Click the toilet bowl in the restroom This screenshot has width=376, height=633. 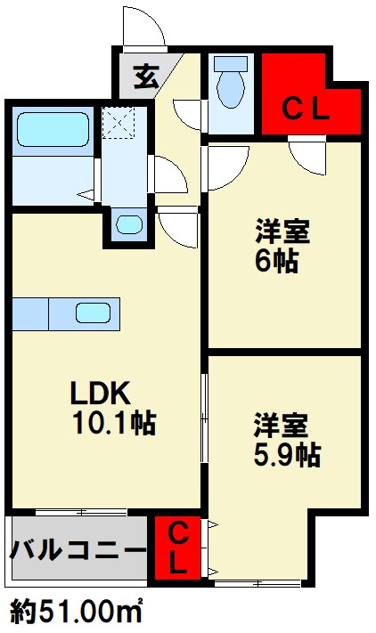[x=231, y=89]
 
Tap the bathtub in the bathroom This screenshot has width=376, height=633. [x=53, y=129]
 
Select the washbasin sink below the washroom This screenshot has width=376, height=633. [x=129, y=224]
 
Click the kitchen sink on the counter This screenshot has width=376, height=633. [x=94, y=312]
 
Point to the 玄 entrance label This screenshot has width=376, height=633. [x=146, y=77]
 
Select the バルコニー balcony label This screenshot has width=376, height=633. [x=78, y=549]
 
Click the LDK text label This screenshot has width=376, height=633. [x=101, y=393]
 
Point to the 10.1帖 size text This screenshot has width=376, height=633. [x=114, y=423]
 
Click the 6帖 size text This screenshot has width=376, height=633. [x=277, y=261]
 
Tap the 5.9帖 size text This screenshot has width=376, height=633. [x=288, y=455]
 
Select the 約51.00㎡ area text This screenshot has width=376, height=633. [x=76, y=612]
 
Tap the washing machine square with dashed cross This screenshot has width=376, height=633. [x=118, y=123]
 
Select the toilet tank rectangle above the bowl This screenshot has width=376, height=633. [x=231, y=64]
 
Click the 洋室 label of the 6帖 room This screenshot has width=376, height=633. [x=282, y=231]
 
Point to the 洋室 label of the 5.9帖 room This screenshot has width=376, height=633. [x=281, y=425]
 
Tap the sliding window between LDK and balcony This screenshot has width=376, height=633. [x=81, y=512]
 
